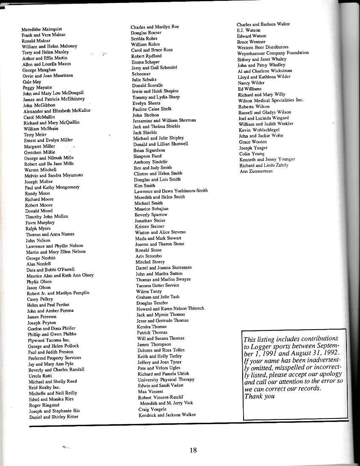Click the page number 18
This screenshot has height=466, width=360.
click(x=193, y=450)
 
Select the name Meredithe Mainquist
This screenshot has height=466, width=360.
click(x=42, y=29)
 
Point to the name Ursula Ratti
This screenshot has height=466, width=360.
click(x=40, y=375)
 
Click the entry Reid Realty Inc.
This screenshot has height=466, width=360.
click(x=44, y=387)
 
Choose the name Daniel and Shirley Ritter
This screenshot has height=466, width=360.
click(x=54, y=416)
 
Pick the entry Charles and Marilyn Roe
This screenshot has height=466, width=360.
click(x=155, y=27)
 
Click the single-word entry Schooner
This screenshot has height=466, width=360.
click(x=141, y=74)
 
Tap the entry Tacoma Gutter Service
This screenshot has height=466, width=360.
click(x=158, y=285)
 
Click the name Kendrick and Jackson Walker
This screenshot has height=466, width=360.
click(x=167, y=415)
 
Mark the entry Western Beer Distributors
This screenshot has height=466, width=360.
click(x=263, y=47)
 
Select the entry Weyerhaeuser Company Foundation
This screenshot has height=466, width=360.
click(x=273, y=53)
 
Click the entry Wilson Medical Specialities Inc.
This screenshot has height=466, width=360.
click(x=271, y=100)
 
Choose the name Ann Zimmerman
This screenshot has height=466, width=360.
click(x=256, y=171)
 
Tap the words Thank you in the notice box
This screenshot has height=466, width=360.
click(x=259, y=396)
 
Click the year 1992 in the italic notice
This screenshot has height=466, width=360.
click(x=330, y=353)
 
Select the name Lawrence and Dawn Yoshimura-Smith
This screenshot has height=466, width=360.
click(x=171, y=191)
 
